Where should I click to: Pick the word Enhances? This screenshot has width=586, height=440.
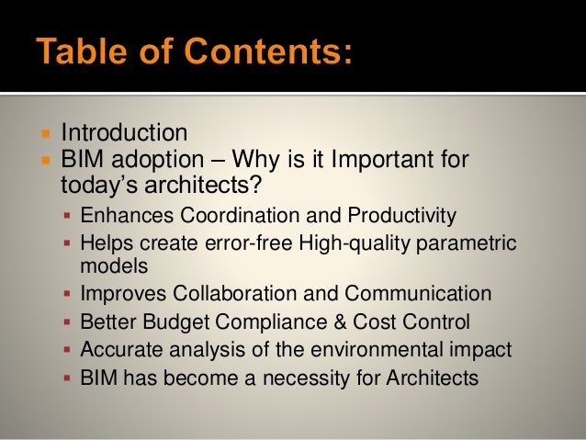(125, 216)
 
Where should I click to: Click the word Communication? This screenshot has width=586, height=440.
(418, 295)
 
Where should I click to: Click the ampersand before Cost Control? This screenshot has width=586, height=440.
(320, 322)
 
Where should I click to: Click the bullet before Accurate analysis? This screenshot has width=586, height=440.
(68, 350)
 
